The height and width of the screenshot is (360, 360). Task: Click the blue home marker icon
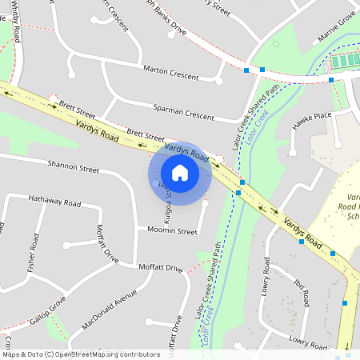tap(180, 172)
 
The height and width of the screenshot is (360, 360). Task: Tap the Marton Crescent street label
tap(170, 72)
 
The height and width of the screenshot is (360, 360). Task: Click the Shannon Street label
tap(73, 169)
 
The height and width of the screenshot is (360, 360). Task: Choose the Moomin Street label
tap(172, 231)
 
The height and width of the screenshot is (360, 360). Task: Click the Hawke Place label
tap(312, 117)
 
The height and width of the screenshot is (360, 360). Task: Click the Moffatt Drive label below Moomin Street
tap(161, 267)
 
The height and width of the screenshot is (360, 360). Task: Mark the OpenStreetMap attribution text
tap(81, 354)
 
